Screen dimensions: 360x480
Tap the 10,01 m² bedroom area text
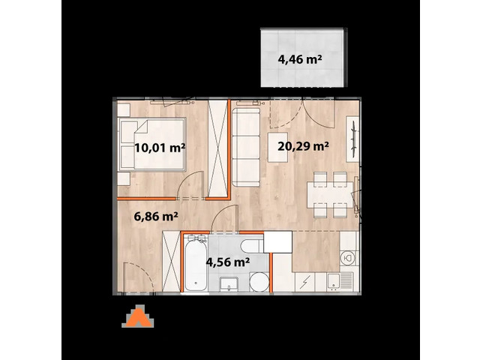[x=160, y=147]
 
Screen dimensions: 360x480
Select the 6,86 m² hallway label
[x=156, y=217]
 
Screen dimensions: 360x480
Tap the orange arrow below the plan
[x=139, y=318]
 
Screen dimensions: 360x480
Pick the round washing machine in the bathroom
[x=257, y=282]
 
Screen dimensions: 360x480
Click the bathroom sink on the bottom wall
[x=229, y=283]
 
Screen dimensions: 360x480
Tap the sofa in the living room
[x=245, y=147]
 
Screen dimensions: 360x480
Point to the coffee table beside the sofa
[x=279, y=147]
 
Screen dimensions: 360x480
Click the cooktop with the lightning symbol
[x=307, y=283]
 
